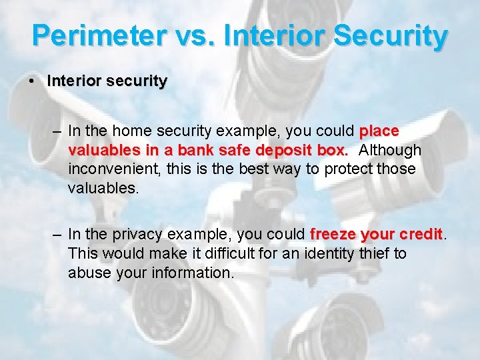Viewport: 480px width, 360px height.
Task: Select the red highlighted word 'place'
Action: point(379,131)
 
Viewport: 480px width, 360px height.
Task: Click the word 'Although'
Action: point(390,150)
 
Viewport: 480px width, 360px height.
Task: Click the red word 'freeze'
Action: point(333,234)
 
